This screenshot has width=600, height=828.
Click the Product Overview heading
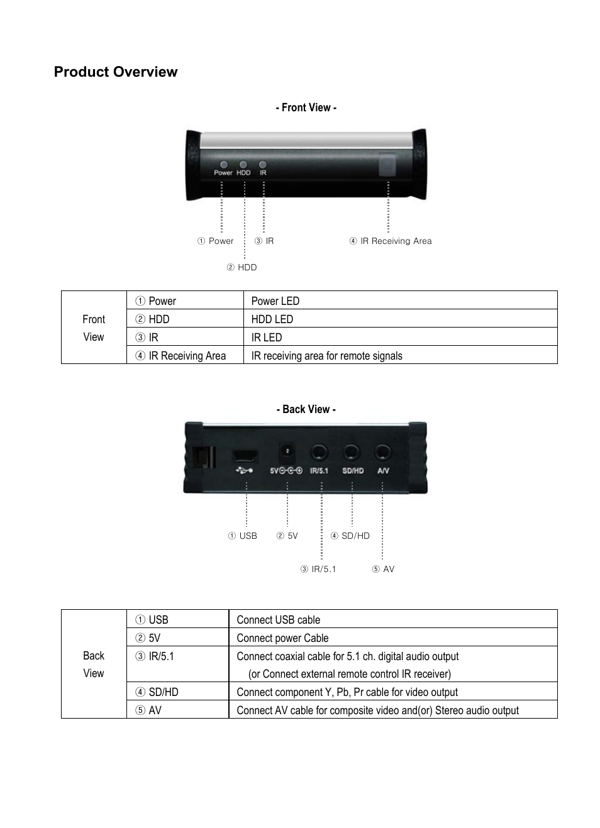point(116,72)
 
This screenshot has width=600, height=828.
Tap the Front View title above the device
point(306,108)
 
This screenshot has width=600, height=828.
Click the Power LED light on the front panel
point(224,165)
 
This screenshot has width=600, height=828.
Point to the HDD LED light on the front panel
point(243,165)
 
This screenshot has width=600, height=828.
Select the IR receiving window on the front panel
point(387,165)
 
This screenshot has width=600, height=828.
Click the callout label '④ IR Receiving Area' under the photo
point(391,241)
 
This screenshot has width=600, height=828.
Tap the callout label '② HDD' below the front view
point(242,267)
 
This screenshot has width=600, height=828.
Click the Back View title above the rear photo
point(306,409)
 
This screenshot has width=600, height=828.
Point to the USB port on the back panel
point(245,457)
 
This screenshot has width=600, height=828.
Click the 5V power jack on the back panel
point(287,453)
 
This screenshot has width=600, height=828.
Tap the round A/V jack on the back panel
point(382,453)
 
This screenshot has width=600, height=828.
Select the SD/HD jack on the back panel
point(352,453)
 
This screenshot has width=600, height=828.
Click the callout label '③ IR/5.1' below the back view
point(318,569)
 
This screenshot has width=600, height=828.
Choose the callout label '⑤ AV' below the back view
point(384,569)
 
